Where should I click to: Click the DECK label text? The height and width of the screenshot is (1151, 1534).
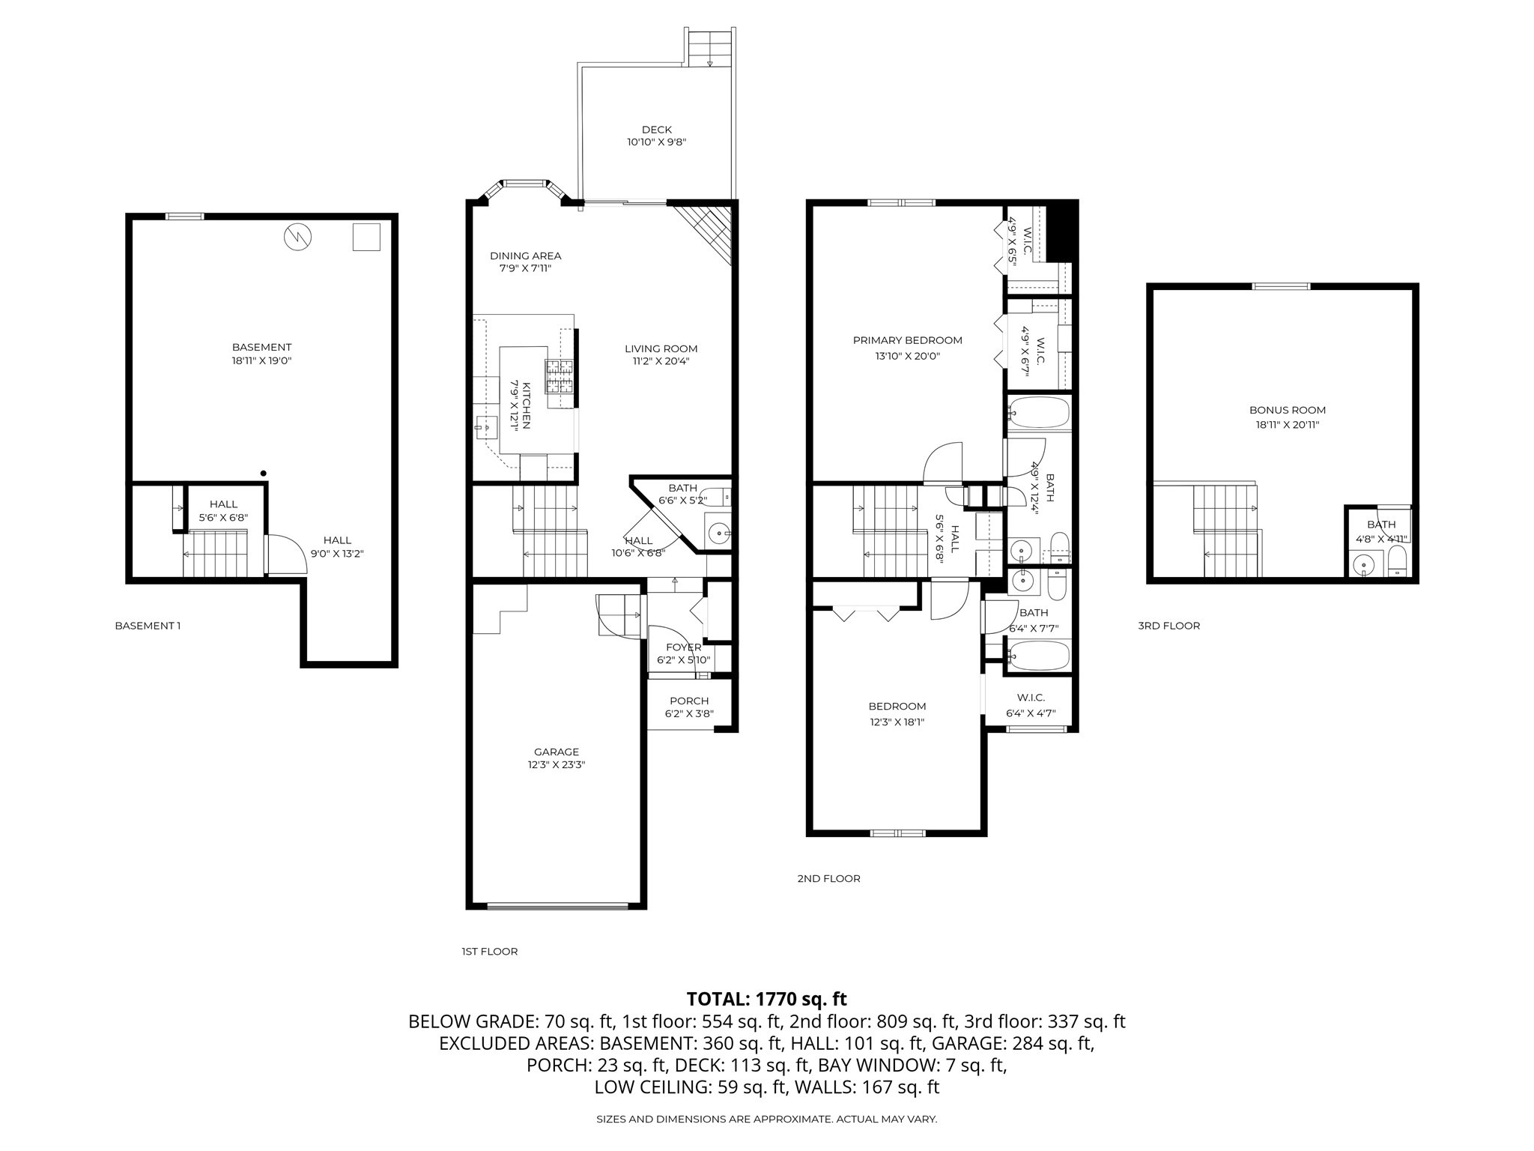click(x=656, y=130)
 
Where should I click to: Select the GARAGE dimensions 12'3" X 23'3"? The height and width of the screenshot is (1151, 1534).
click(x=556, y=765)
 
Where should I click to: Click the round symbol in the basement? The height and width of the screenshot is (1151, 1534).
click(x=298, y=238)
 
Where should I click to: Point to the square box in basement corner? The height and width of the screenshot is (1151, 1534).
click(x=366, y=237)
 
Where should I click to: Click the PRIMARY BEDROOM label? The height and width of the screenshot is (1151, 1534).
click(x=907, y=340)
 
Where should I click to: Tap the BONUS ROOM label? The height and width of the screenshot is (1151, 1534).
click(x=1287, y=410)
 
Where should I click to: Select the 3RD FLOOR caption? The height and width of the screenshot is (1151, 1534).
click(x=1168, y=626)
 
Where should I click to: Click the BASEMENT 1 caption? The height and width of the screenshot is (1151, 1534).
click(x=148, y=626)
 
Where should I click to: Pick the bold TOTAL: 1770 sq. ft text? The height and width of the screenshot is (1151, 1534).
click(x=766, y=999)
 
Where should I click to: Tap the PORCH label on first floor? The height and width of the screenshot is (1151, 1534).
click(x=689, y=701)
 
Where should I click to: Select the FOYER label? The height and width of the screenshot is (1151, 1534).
click(x=683, y=647)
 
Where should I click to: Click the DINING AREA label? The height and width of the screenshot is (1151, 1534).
click(x=525, y=256)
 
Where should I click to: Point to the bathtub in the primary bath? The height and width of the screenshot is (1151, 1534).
click(x=1038, y=413)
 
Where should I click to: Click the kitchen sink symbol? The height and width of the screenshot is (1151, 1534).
click(x=485, y=428)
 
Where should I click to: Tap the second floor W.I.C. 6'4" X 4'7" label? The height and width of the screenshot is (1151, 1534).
click(x=1031, y=705)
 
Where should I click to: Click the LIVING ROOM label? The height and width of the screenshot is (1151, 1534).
click(x=661, y=348)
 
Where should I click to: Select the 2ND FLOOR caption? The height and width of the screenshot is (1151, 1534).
click(x=828, y=878)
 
